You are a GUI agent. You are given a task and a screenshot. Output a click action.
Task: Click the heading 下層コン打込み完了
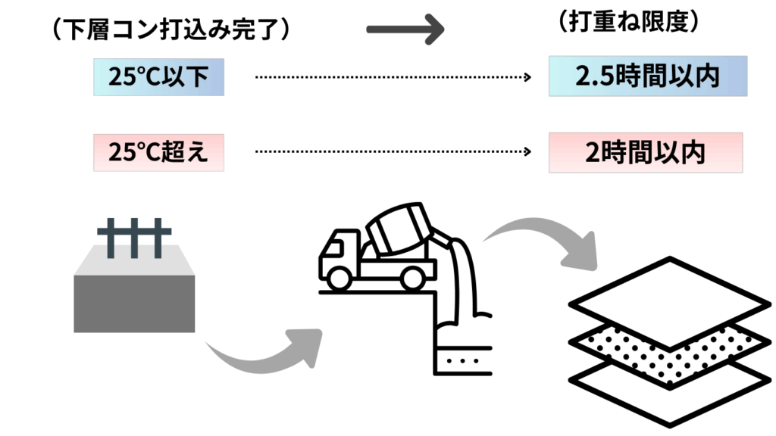tap(168, 30)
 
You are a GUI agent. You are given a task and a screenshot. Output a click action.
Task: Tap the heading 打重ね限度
tap(627, 23)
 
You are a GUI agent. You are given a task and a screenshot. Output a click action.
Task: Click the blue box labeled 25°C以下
tap(158, 76)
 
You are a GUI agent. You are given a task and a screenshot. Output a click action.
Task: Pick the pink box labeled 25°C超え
tap(158, 152)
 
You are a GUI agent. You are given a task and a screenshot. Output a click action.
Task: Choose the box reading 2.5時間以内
tap(647, 76)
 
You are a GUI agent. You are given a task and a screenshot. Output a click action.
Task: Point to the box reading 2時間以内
tap(645, 153)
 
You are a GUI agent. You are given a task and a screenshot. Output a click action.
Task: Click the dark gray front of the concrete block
tap(134, 304)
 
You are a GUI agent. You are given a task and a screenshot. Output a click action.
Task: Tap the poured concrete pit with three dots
tap(462, 362)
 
